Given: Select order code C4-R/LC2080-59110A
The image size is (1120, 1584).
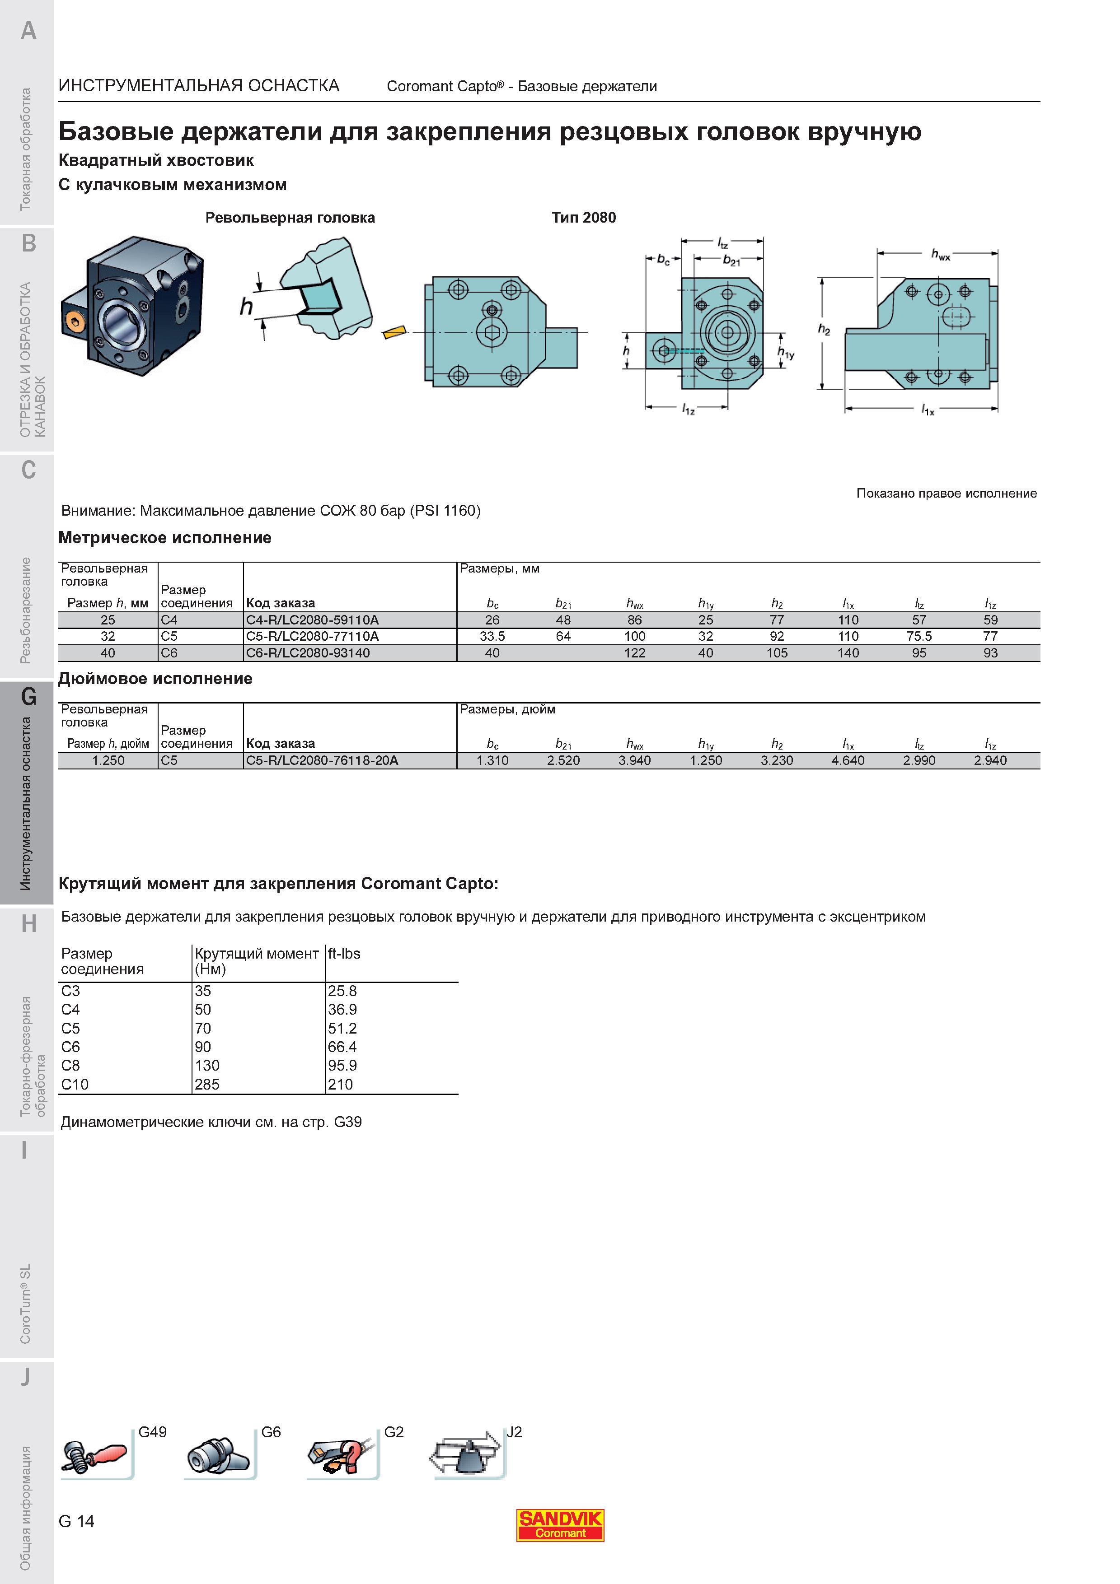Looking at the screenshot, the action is [x=313, y=620].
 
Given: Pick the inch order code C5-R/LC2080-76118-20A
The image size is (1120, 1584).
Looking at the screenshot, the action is [x=322, y=760].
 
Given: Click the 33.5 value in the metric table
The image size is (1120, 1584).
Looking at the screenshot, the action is [x=492, y=636].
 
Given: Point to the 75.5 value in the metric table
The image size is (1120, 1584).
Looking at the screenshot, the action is [x=919, y=636].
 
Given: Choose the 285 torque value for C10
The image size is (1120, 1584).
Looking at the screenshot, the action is [x=207, y=1084].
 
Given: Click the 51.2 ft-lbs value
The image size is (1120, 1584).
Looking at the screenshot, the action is [x=342, y=1028].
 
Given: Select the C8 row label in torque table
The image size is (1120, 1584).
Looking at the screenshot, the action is [x=70, y=1065].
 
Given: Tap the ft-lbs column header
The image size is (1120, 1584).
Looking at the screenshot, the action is [x=344, y=954].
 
